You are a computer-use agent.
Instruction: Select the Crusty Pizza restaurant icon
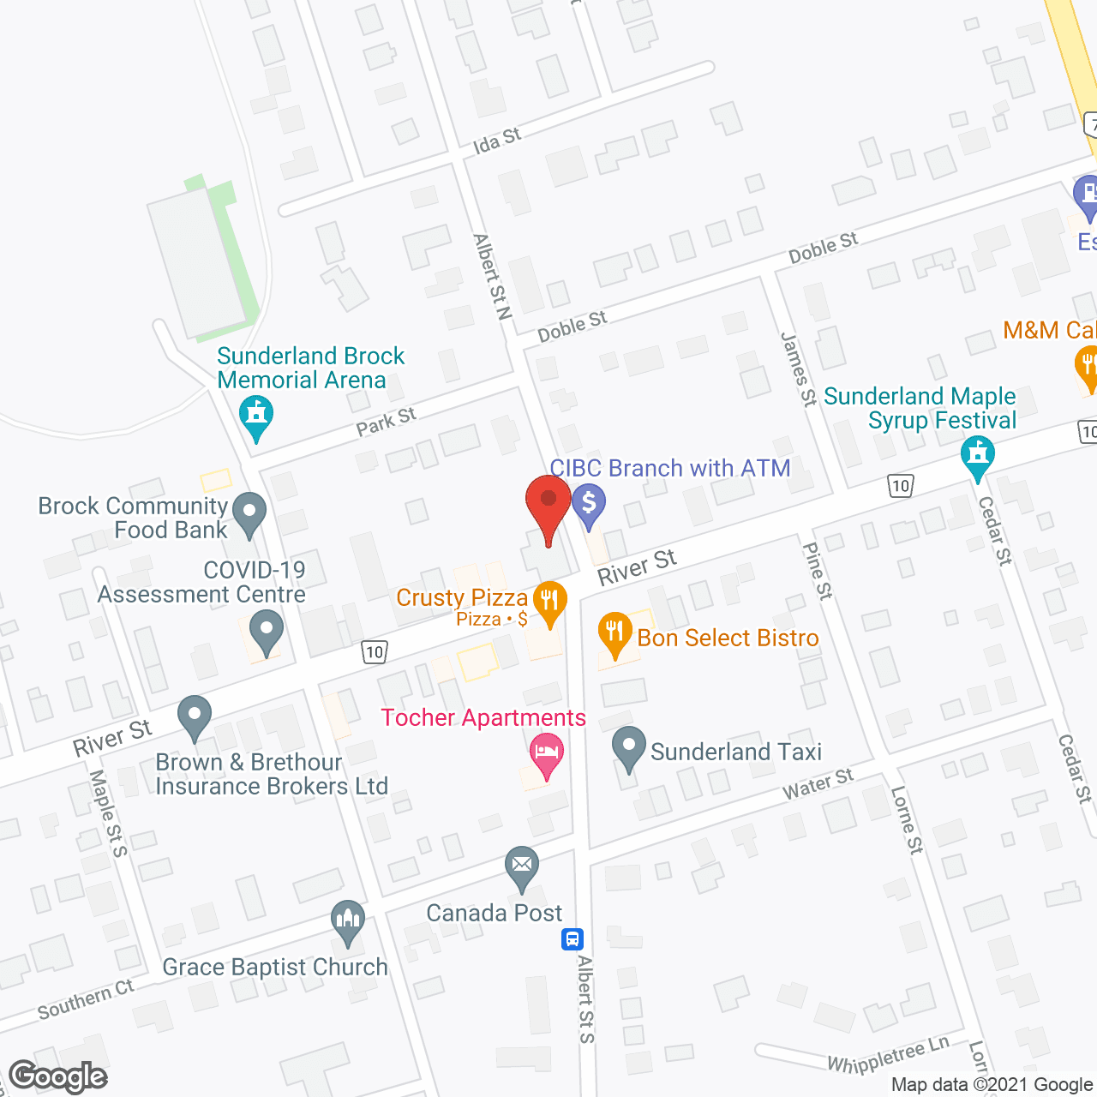[549, 600]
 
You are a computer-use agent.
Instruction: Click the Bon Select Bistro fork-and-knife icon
[614, 632]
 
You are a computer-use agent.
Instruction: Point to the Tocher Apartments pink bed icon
[547, 753]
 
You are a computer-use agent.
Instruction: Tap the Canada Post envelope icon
[521, 865]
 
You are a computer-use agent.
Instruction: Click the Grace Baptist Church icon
[348, 920]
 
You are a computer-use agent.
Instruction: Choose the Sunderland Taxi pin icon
[629, 746]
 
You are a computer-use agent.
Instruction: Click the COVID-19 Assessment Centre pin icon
[267, 630]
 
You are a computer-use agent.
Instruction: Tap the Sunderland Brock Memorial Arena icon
[255, 415]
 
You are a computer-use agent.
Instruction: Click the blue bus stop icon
[572, 939]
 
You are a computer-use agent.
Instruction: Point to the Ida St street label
[497, 140]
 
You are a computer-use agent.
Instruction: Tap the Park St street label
[387, 421]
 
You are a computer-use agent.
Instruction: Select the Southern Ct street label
[86, 1000]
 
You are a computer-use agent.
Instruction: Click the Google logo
[58, 1076]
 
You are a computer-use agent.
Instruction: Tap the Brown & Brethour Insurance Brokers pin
[195, 715]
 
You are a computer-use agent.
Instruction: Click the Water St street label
[818, 783]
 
